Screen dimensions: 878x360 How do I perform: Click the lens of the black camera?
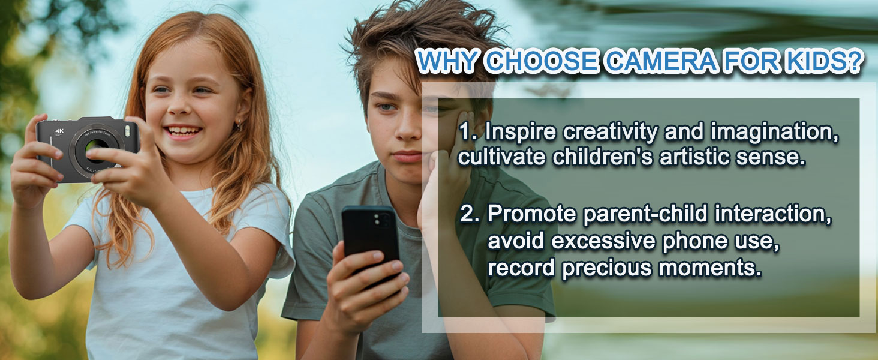tap(97, 148)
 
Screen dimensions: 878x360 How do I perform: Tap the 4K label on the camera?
tap(59, 131)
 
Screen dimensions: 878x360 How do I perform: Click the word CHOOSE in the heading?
tap(542, 62)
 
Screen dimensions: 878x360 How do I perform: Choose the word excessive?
tap(603, 241)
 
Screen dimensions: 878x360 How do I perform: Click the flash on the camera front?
tap(127, 130)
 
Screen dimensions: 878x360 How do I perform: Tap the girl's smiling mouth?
tap(183, 131)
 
